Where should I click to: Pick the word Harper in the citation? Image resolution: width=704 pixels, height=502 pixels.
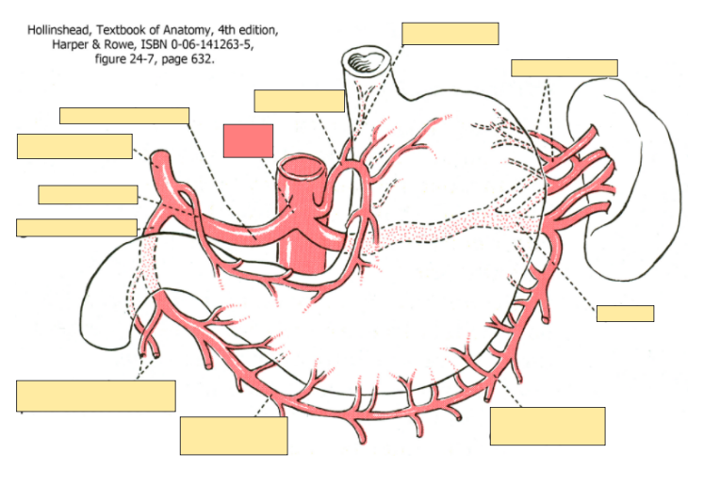click(72, 44)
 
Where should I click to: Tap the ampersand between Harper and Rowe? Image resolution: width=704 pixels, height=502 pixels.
click(98, 44)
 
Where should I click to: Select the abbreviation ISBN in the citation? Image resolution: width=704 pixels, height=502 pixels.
click(155, 44)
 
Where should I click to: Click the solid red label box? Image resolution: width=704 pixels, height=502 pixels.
click(248, 140)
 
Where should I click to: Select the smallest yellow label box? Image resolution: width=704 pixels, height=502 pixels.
click(625, 314)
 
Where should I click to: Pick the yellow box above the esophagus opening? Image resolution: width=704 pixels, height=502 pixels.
click(450, 33)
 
